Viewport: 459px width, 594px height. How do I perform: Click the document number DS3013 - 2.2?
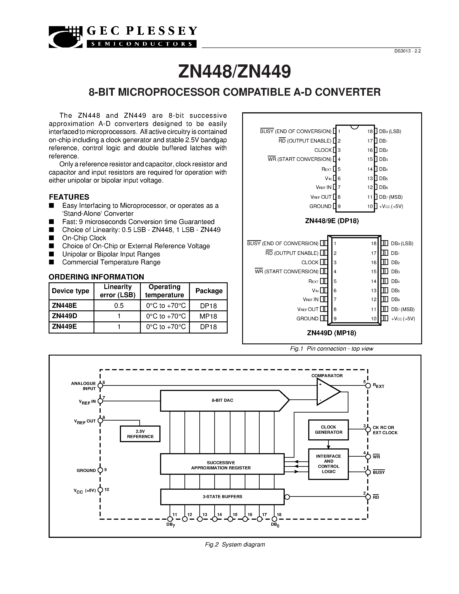pos(407,51)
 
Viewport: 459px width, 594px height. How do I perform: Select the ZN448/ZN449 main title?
pos(234,71)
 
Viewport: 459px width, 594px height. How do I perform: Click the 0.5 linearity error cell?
pos(119,306)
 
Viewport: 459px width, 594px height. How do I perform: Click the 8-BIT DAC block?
pos(222,400)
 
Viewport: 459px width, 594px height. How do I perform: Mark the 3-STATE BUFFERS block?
pos(222,497)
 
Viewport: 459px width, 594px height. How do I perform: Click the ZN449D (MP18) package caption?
pos(332,333)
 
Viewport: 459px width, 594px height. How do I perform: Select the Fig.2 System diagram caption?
pos(235,545)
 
